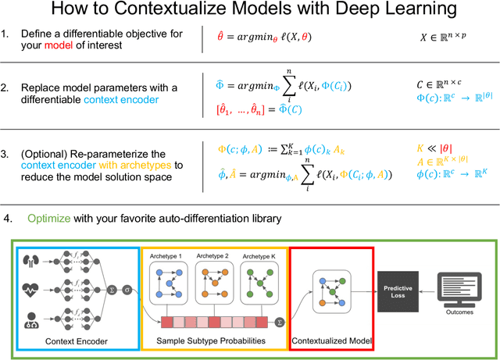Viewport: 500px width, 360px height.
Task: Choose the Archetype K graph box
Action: [262, 279]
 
